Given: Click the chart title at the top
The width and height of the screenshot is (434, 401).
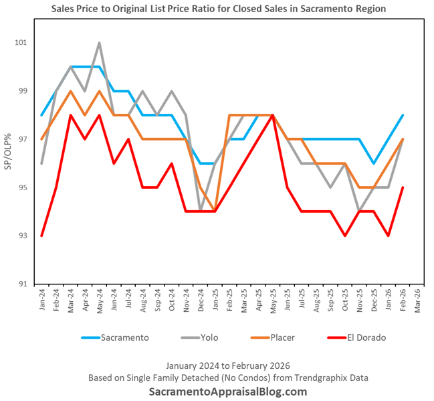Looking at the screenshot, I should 218,9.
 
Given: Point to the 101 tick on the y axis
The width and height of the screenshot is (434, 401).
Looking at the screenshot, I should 21,43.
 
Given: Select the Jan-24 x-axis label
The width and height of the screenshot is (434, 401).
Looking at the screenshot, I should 42,301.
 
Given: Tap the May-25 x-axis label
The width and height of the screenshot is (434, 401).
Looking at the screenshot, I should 273,301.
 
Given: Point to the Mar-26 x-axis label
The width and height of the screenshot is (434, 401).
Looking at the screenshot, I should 417,301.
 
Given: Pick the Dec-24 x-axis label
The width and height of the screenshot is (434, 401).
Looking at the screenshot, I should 201,301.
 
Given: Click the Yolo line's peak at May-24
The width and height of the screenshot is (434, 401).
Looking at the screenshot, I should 100,43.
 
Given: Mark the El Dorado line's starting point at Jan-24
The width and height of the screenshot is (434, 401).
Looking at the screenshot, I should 42,236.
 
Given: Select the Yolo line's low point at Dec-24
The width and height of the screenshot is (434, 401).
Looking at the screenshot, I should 201,212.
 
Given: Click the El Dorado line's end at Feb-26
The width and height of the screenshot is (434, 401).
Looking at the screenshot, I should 403,187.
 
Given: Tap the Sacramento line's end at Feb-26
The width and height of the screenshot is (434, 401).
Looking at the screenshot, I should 403,115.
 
